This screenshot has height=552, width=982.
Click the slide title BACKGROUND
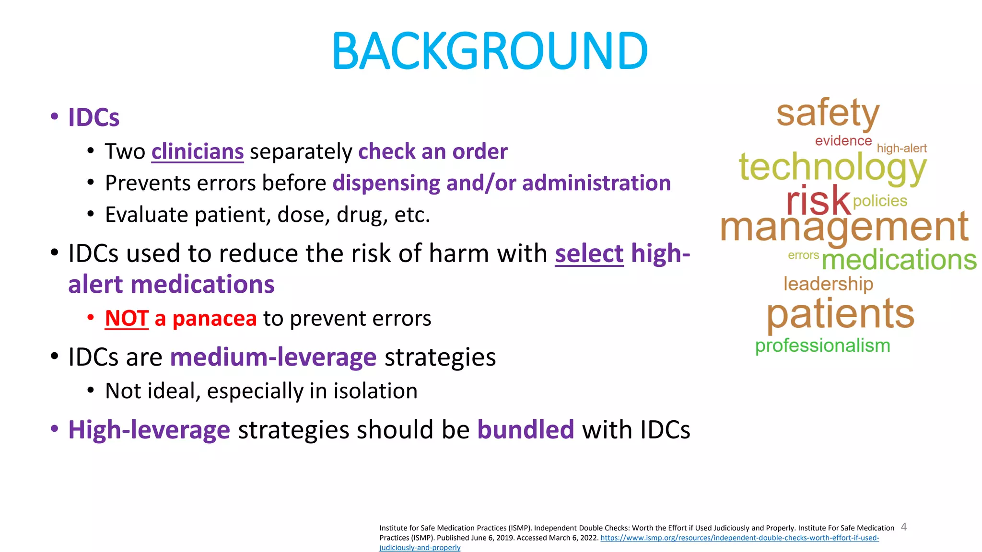(x=490, y=51)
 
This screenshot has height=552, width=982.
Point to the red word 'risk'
(x=818, y=200)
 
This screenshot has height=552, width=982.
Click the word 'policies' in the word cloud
(x=880, y=201)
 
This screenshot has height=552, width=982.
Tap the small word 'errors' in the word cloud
(x=803, y=255)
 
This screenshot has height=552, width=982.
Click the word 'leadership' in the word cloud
(x=828, y=284)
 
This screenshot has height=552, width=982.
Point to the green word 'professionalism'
(x=822, y=345)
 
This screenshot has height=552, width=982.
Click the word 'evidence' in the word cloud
(x=843, y=141)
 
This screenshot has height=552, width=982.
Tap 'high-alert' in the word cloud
(x=901, y=149)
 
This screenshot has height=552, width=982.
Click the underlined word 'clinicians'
(x=198, y=152)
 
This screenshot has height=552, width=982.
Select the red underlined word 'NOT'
(x=127, y=319)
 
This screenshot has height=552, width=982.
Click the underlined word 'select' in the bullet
(x=589, y=253)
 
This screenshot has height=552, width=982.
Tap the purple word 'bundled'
(x=526, y=429)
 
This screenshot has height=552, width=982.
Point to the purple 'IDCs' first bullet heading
(x=94, y=117)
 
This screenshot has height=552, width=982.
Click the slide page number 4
(x=904, y=527)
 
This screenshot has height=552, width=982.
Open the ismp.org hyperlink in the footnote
(x=739, y=538)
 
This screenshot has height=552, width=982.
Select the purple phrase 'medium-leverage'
(x=273, y=357)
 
